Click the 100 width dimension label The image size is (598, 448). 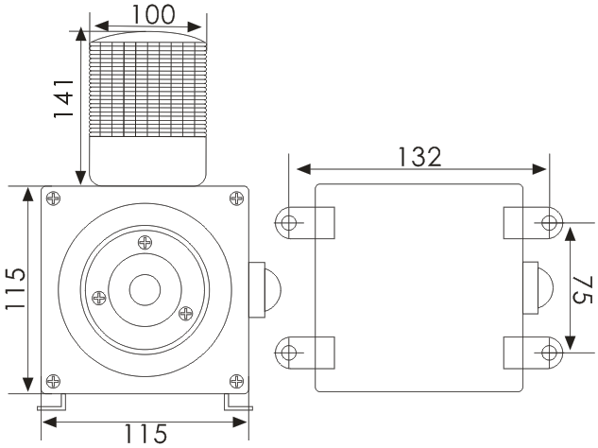click(146, 14)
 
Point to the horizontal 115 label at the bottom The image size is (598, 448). click(142, 434)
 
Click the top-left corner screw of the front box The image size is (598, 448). click(54, 198)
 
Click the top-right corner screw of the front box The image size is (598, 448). click(235, 198)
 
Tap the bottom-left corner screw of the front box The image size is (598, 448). click(54, 381)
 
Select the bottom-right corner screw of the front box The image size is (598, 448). click(235, 381)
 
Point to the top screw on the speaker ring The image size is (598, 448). click(144, 242)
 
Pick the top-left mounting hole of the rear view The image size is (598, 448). click(288, 223)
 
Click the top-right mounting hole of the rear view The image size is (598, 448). click(550, 223)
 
